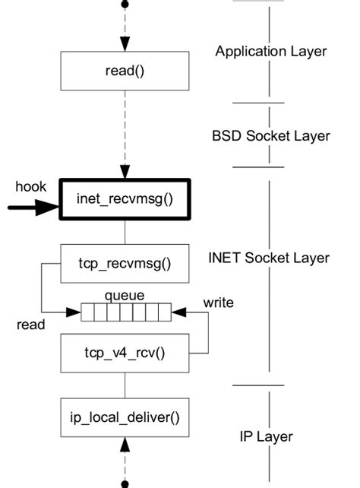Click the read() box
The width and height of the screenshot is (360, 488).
(x=125, y=71)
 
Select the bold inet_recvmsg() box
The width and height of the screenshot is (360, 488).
(x=125, y=198)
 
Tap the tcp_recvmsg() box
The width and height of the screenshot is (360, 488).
(x=125, y=264)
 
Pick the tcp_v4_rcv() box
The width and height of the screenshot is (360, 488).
(x=125, y=353)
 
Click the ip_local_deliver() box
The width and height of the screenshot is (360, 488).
(x=125, y=417)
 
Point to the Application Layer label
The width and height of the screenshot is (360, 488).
(x=271, y=52)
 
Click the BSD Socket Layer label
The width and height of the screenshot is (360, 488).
(x=271, y=136)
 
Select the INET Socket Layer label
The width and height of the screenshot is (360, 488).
(x=269, y=258)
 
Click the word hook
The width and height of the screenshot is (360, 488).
(x=31, y=185)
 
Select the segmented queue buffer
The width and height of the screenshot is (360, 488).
(x=126, y=311)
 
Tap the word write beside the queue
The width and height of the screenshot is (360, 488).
(x=218, y=303)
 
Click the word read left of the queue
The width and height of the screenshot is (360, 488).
(x=31, y=325)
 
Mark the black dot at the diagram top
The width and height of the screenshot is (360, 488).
(x=125, y=5)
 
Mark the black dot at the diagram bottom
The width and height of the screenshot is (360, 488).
(x=125, y=483)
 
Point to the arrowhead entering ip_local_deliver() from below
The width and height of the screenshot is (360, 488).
(x=125, y=443)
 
